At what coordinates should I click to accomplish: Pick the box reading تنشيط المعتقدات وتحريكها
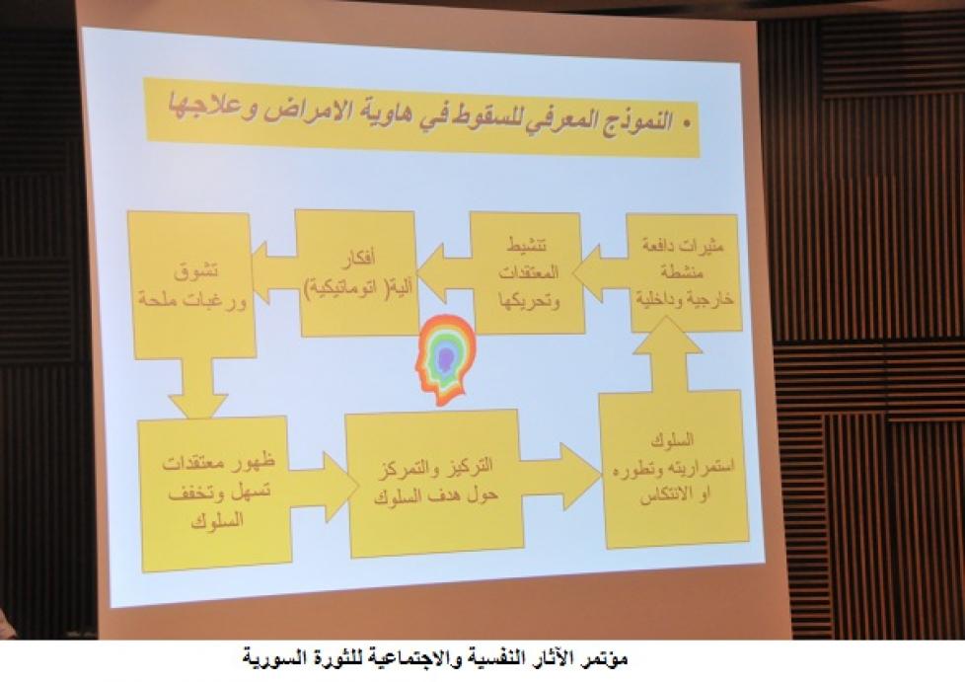click(527, 272)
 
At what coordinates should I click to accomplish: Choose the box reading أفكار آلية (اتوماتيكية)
click(357, 273)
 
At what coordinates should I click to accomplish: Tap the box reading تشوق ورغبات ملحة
click(192, 284)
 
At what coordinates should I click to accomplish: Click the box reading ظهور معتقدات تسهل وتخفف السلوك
click(215, 493)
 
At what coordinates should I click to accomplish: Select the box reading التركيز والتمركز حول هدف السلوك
click(435, 484)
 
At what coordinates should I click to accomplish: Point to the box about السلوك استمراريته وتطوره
click(675, 469)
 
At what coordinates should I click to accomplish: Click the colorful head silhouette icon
click(445, 360)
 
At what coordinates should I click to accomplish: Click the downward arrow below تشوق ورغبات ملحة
click(198, 389)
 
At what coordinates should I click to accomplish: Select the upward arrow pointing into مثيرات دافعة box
click(667, 354)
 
